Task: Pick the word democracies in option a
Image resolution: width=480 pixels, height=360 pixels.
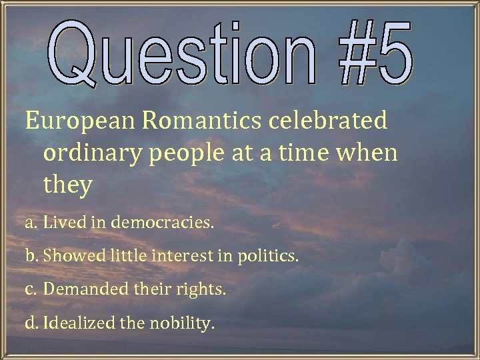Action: pos(163,222)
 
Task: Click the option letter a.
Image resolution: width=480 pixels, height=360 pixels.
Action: pos(31,223)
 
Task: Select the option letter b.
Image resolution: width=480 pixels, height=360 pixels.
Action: pos(31,256)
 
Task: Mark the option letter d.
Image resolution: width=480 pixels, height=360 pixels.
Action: pos(31,324)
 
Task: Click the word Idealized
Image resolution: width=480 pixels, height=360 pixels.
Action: pos(79,324)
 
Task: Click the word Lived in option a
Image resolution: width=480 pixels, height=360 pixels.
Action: pos(59,222)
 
